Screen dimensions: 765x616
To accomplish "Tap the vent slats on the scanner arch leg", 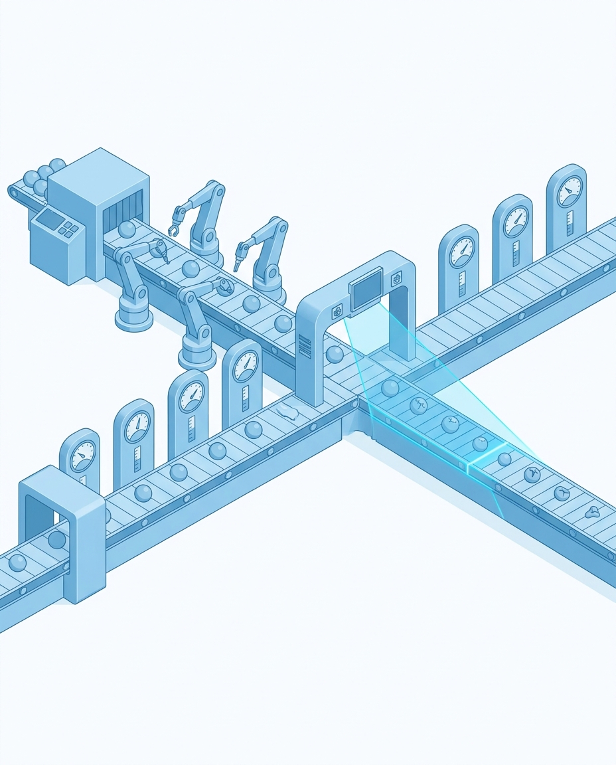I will tap(305, 346).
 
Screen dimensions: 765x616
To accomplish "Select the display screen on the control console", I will tap(48, 218).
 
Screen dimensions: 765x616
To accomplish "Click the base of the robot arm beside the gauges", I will tap(197, 356).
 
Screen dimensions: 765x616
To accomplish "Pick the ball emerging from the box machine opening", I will tap(127, 229).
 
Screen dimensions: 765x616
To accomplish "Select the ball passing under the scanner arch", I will tap(335, 353).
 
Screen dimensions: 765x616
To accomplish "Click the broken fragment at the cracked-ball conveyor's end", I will tap(591, 511).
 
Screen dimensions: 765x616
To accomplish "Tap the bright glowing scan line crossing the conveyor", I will tap(488, 459).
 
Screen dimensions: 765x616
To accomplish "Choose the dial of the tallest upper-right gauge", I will tap(569, 193).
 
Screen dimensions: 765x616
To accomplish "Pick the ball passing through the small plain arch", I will tap(58, 539).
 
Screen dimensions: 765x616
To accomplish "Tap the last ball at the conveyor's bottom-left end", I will tap(17, 564).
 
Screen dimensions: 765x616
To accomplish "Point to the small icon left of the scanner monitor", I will tap(337, 309).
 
